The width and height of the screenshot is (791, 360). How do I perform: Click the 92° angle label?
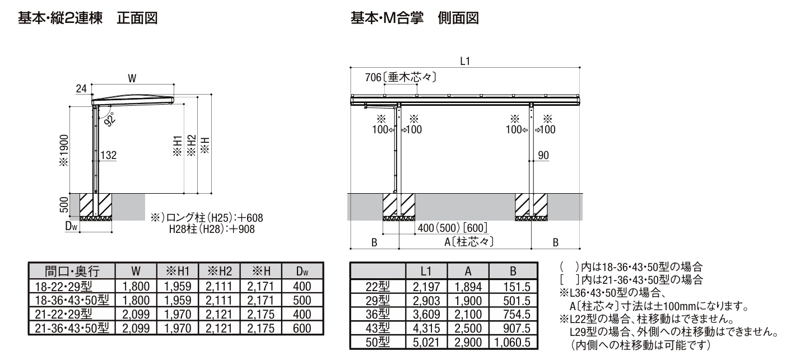coord(110,119)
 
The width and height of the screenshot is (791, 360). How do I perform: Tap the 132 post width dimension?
coord(109,155)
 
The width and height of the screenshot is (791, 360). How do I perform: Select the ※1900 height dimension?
coord(64,151)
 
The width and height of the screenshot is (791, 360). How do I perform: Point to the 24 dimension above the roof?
coord(81,88)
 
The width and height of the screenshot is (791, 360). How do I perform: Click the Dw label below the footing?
coord(71,226)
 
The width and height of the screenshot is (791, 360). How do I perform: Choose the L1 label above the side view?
coord(465,62)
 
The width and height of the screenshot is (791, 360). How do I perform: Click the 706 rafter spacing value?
coord(373,77)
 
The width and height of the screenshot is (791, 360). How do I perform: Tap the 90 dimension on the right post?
coord(543,155)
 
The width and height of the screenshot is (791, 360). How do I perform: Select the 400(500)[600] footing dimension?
coord(452,228)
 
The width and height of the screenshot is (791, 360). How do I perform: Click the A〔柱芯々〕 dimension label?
coord(469,242)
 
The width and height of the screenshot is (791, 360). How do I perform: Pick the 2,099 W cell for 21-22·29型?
coord(136,314)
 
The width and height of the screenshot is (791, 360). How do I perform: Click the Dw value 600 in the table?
coord(302,328)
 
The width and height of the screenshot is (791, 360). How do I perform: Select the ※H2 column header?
coord(219,271)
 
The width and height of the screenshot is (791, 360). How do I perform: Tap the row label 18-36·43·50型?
coord(72,300)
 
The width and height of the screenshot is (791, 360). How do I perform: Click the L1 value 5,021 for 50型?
coord(426,342)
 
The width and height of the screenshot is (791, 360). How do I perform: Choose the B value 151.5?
coord(517,287)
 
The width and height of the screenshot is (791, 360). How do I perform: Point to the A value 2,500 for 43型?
coord(468,328)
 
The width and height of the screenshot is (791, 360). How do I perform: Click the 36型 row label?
coord(378,314)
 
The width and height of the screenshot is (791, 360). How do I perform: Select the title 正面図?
coord(137,18)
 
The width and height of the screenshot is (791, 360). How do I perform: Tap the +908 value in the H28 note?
coord(242,229)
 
